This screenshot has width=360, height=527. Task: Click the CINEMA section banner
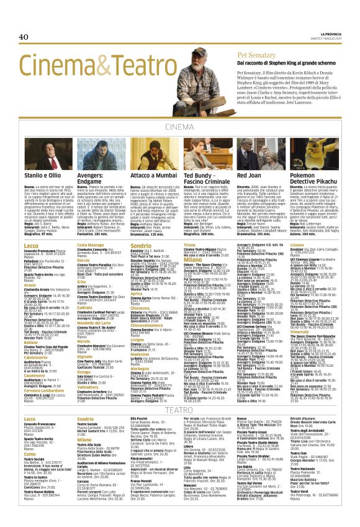pos(179,128)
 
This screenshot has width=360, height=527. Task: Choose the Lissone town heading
pos(298,246)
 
